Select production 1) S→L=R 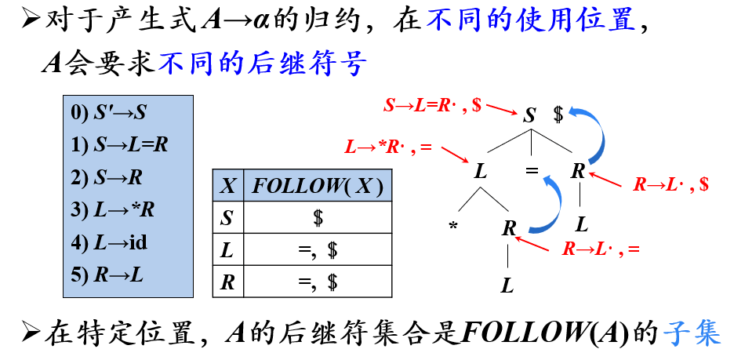coord(119,145)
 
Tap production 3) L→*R coord(113,209)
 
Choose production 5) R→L coord(108,275)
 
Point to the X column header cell coord(227,186)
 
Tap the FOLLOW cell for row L coord(317,250)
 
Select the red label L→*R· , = coord(389,146)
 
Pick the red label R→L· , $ coord(671,184)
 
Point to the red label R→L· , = coord(601,249)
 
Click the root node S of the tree coord(530,116)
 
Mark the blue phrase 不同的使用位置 coord(531,21)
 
